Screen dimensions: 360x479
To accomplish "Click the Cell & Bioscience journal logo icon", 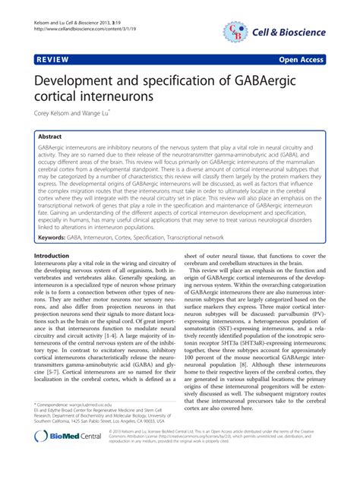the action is tap(236, 30).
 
